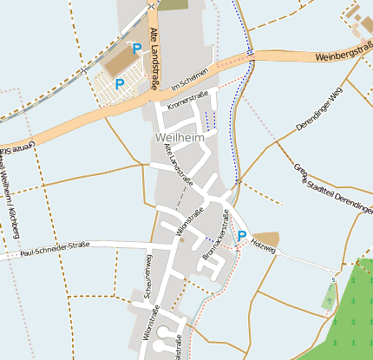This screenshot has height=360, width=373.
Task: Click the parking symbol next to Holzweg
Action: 241,235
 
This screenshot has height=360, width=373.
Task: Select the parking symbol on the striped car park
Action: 120,84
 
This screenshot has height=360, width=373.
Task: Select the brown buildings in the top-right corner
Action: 358,19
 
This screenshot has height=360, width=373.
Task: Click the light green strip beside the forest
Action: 328,297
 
